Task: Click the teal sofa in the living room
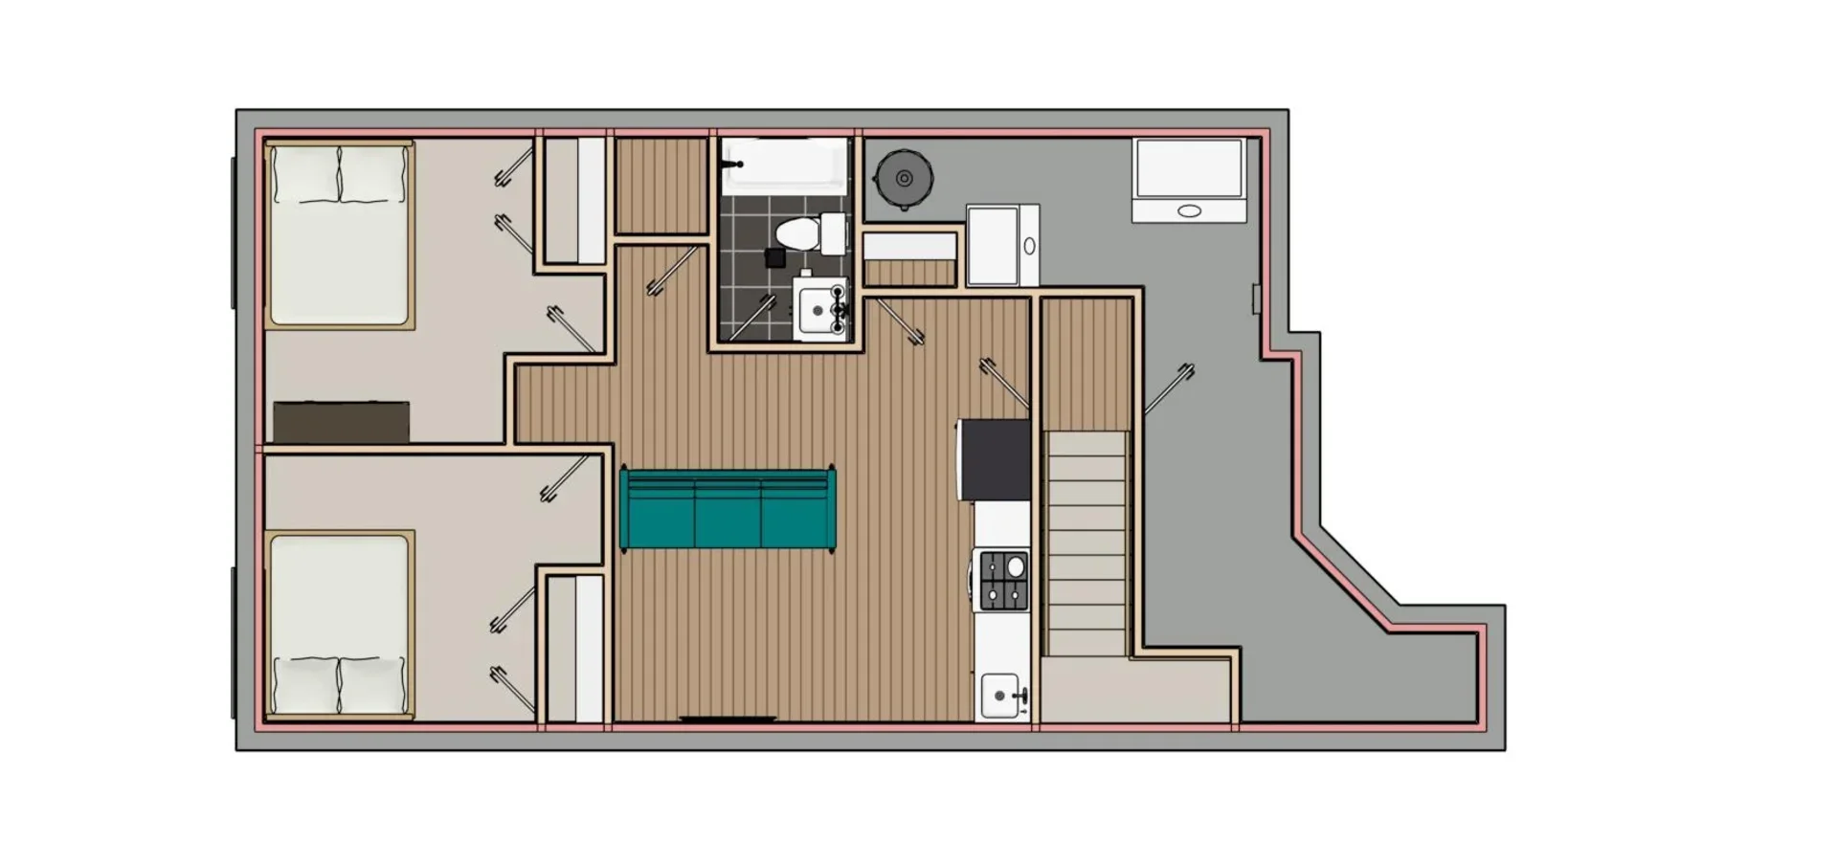728,509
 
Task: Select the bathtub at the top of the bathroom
785,166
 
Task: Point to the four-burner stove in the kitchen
1003,581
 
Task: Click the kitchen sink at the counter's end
999,696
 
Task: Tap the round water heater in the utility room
903,178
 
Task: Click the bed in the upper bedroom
339,234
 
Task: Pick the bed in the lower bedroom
339,624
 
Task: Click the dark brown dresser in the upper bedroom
341,422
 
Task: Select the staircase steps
1087,543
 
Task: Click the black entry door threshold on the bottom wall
728,719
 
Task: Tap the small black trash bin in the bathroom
775,257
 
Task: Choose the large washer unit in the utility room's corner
1189,180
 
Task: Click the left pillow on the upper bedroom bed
306,173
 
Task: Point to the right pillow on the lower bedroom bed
373,685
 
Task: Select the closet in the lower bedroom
575,648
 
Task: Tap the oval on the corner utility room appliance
1189,211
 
